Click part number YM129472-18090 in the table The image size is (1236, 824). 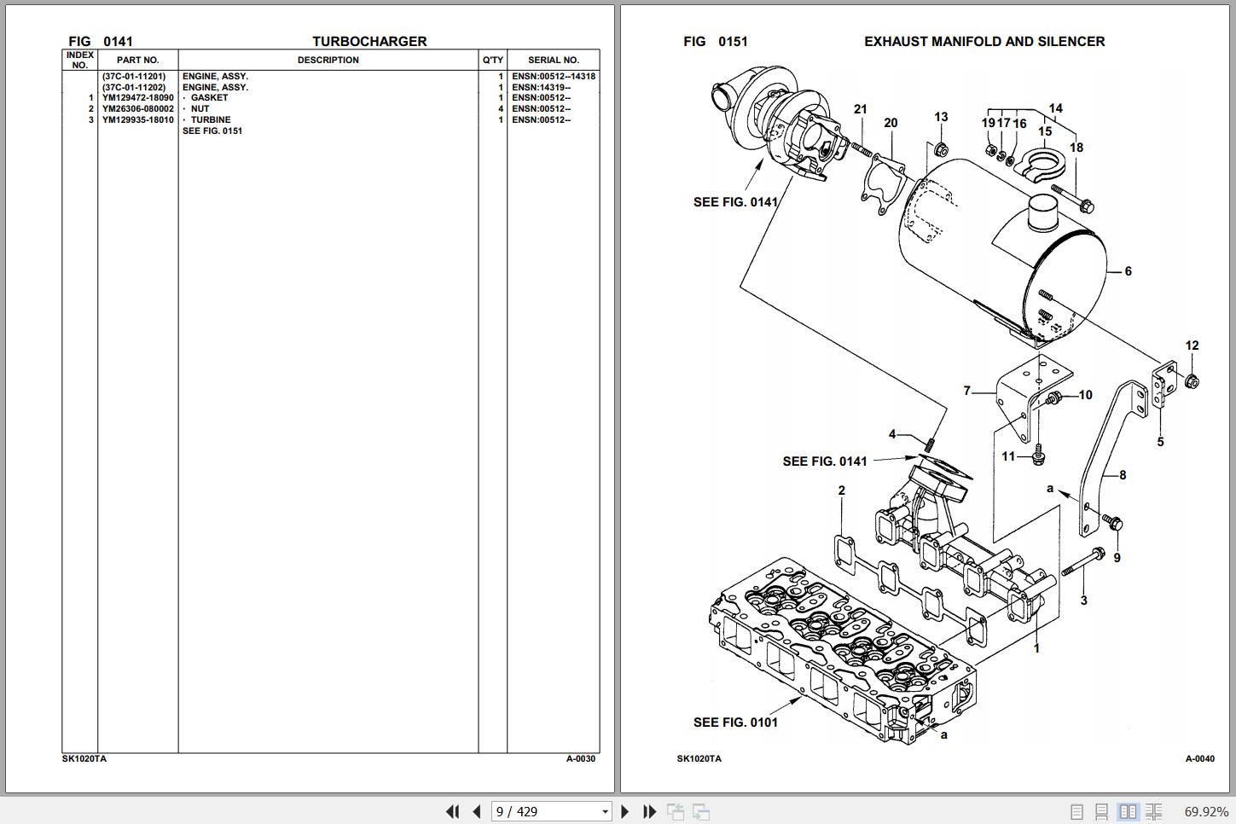137,98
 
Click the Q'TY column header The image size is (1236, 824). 493,61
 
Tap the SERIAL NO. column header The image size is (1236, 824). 553,61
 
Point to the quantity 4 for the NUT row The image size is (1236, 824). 501,109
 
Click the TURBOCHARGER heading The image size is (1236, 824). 369,41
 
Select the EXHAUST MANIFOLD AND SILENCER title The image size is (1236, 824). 984,41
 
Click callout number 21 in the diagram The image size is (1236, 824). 861,109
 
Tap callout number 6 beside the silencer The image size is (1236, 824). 1128,271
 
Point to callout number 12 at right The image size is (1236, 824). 1192,345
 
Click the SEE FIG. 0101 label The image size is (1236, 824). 735,722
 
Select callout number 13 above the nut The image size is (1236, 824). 941,118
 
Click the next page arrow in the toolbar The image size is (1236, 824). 625,811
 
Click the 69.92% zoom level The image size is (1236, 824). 1206,811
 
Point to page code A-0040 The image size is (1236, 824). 1199,758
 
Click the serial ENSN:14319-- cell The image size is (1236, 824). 541,87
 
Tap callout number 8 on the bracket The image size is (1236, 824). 1123,475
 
